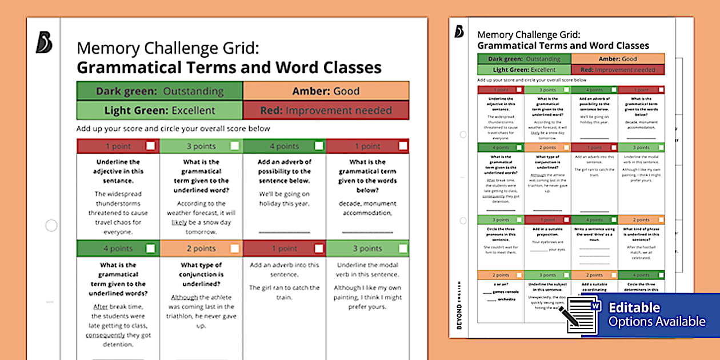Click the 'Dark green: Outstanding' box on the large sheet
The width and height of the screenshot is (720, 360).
pyautogui.click(x=159, y=91)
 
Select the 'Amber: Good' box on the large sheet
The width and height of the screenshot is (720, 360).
pyautogui.click(x=326, y=91)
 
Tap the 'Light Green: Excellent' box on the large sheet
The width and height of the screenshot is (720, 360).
pyautogui.click(x=159, y=110)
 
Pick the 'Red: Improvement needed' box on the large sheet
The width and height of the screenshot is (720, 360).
pyautogui.click(x=326, y=110)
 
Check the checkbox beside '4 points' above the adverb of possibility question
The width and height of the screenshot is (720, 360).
pyautogui.click(x=319, y=146)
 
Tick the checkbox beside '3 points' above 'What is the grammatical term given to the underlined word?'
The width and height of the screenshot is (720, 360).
pyautogui.click(x=235, y=146)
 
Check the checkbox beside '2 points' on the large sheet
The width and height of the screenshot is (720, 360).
pyautogui.click(x=235, y=249)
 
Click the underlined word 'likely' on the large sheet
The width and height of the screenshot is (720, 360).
pyautogui.click(x=180, y=222)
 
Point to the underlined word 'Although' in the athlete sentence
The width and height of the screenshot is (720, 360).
pyautogui.click(x=183, y=297)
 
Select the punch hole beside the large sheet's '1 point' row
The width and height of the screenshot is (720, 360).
pyautogui.click(x=51, y=225)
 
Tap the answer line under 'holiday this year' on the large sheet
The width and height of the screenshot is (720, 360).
pyautogui.click(x=285, y=233)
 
